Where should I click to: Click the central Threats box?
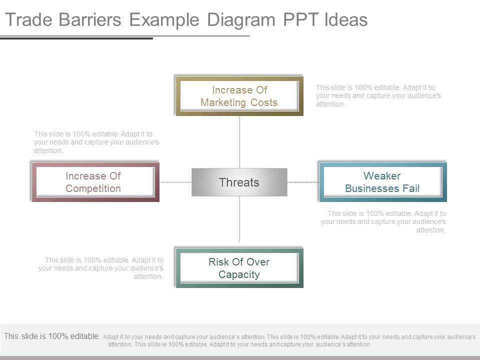click(x=239, y=182)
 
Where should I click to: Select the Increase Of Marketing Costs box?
click(x=239, y=96)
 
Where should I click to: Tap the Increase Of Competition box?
click(x=95, y=182)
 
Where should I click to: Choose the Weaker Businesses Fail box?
click(x=382, y=182)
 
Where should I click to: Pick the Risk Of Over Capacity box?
click(x=239, y=268)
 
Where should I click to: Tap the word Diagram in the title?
click(x=241, y=20)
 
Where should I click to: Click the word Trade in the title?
click(x=28, y=19)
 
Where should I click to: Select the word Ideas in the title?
click(x=346, y=19)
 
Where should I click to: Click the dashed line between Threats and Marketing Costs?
click(x=239, y=142)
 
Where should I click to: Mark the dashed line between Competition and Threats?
click(x=175, y=182)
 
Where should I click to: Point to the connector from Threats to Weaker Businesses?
click(x=303, y=182)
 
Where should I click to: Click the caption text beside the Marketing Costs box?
click(x=378, y=96)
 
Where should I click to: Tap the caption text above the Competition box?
click(x=96, y=142)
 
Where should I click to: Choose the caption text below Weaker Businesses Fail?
click(x=383, y=221)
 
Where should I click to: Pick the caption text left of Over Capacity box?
click(x=101, y=268)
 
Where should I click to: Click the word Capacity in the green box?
click(x=239, y=274)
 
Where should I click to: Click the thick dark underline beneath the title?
click(x=76, y=38)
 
